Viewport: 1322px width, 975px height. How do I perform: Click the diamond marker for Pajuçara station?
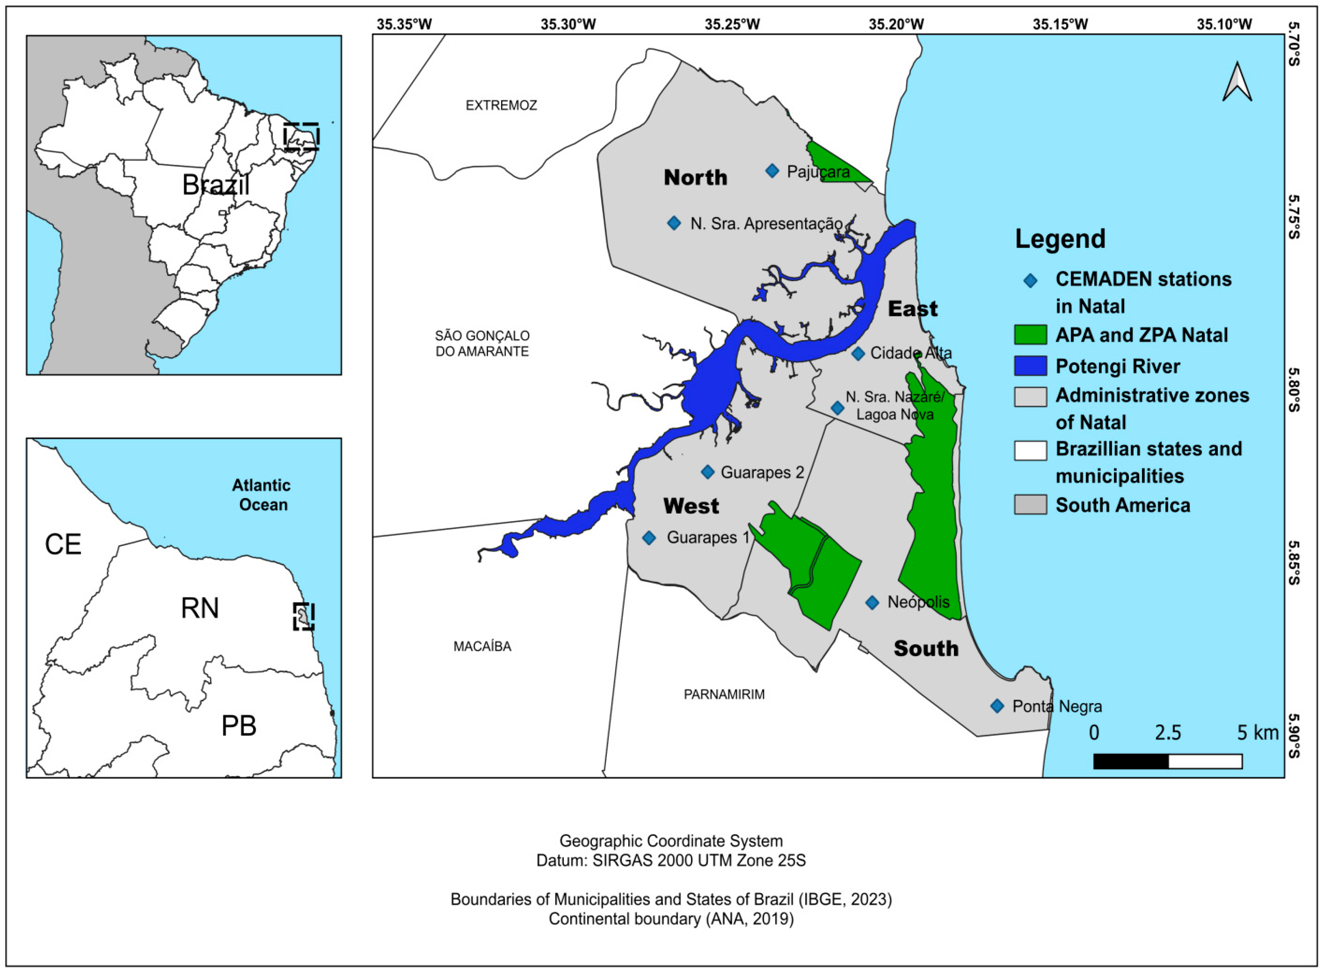(772, 171)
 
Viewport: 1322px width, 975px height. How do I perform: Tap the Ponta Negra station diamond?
(997, 706)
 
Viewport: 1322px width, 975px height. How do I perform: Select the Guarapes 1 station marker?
(649, 538)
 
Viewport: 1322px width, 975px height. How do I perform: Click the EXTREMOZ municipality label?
(501, 105)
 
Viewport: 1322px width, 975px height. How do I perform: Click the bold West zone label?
(691, 506)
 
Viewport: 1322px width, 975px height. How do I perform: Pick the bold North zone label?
(695, 177)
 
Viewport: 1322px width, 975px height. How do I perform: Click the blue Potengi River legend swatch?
(1030, 366)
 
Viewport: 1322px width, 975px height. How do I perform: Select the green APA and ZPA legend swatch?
(1030, 335)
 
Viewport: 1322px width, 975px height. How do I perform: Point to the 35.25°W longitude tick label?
(732, 24)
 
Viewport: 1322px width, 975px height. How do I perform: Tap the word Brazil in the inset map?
(215, 185)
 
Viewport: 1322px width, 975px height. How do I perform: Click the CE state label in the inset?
(63, 544)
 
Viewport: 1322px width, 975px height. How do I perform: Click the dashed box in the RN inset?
(303, 616)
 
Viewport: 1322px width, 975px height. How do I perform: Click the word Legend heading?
(1060, 239)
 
